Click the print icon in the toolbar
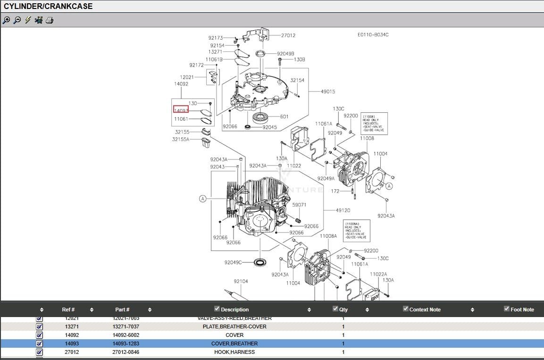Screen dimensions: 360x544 click(x=50, y=20)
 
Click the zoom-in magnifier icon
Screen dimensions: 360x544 click(x=6, y=20)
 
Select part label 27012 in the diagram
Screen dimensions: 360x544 click(x=288, y=35)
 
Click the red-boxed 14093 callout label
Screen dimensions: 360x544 click(x=181, y=110)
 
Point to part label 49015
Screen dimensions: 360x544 click(x=328, y=92)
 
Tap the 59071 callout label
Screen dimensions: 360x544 click(x=299, y=205)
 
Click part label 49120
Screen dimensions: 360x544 click(x=343, y=210)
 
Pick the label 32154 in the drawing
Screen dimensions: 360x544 click(x=297, y=81)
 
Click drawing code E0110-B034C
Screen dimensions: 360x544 click(x=373, y=35)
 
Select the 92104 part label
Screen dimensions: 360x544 click(x=241, y=281)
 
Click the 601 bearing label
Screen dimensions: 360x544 click(x=284, y=117)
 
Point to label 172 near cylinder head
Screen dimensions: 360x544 click(x=335, y=191)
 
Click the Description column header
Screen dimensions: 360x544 click(x=234, y=310)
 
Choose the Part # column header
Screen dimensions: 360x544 click(x=122, y=310)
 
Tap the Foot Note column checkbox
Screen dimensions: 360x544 click(x=507, y=309)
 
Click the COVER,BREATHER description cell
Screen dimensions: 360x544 click(x=234, y=343)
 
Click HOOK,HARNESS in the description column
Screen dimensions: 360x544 click(x=234, y=352)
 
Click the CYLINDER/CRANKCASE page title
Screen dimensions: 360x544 click(x=48, y=6)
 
